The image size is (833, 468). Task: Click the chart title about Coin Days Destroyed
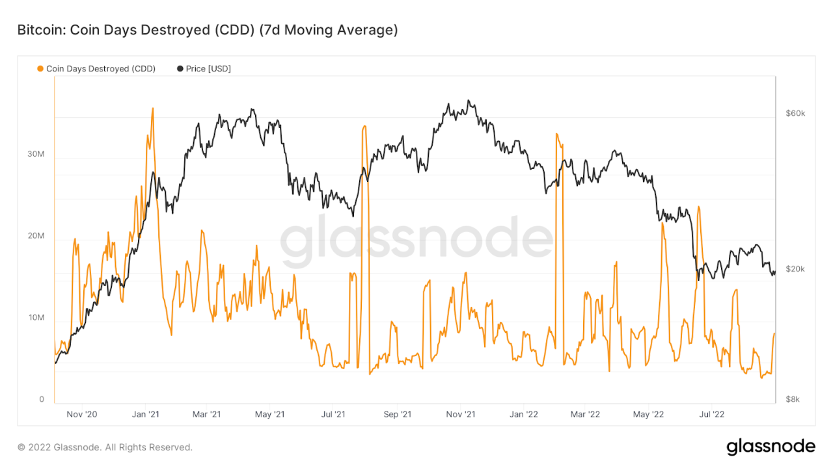[x=207, y=30]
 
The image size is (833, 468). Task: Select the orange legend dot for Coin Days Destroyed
[x=41, y=69]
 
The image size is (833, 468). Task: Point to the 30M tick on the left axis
[x=35, y=154]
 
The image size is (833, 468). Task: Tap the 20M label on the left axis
[x=35, y=236]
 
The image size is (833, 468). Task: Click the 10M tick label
[x=35, y=318]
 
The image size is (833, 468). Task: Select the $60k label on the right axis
[x=795, y=113]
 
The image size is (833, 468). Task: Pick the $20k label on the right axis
[x=795, y=269]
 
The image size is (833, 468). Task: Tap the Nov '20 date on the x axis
[x=83, y=414]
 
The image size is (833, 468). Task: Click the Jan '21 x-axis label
[x=146, y=414]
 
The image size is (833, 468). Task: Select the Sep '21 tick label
[x=397, y=414]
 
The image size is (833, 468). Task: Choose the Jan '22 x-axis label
[x=523, y=414]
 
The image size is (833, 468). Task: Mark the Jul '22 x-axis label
[x=711, y=414]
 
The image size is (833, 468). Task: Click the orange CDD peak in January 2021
[x=153, y=109]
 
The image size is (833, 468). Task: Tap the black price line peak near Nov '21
[x=469, y=101]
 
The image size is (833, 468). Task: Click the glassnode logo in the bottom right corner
[x=771, y=447]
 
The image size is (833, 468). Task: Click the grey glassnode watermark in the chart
[x=416, y=239]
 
